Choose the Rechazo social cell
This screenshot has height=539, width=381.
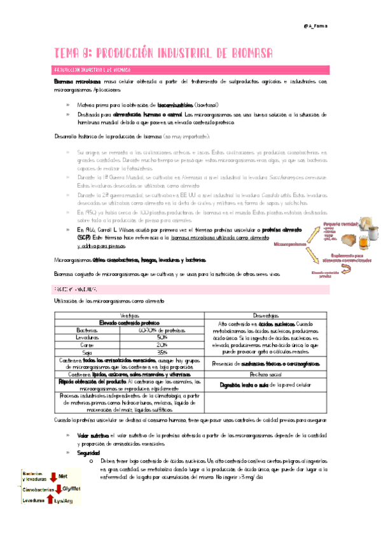pyautogui.click(x=269, y=374)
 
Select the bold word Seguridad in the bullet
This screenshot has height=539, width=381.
pyautogui.click(x=89, y=452)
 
